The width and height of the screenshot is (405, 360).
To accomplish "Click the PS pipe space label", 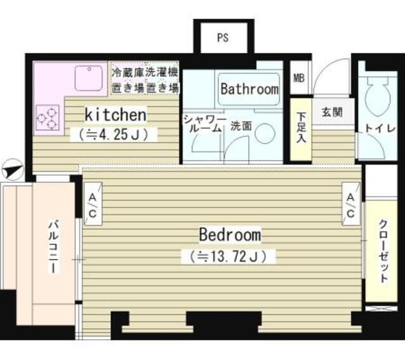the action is [x=223, y=38].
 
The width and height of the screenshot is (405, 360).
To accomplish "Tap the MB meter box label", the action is [x=299, y=78].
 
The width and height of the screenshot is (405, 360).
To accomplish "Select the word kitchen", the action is [x=115, y=115].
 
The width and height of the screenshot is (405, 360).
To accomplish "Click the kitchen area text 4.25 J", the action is [x=114, y=134].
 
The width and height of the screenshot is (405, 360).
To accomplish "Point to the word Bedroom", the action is [x=230, y=235].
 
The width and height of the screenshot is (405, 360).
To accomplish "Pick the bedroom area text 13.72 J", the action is [x=228, y=256].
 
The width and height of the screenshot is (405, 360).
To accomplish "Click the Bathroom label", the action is [x=249, y=89].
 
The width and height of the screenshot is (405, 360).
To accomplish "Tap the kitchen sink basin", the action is [x=89, y=78].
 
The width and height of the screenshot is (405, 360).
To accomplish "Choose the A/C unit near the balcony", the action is [x=93, y=204].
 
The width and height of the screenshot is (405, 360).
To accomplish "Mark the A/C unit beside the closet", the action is [x=351, y=204].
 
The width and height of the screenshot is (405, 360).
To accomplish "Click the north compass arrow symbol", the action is [x=13, y=170].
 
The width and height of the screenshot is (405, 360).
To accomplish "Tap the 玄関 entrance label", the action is [x=332, y=113].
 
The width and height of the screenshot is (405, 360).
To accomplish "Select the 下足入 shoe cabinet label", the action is [x=301, y=128].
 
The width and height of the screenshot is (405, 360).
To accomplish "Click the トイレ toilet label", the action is [x=380, y=128].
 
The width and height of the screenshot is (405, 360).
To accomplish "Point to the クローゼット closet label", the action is [x=383, y=251].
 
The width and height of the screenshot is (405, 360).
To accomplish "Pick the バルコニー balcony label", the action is [x=53, y=246].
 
